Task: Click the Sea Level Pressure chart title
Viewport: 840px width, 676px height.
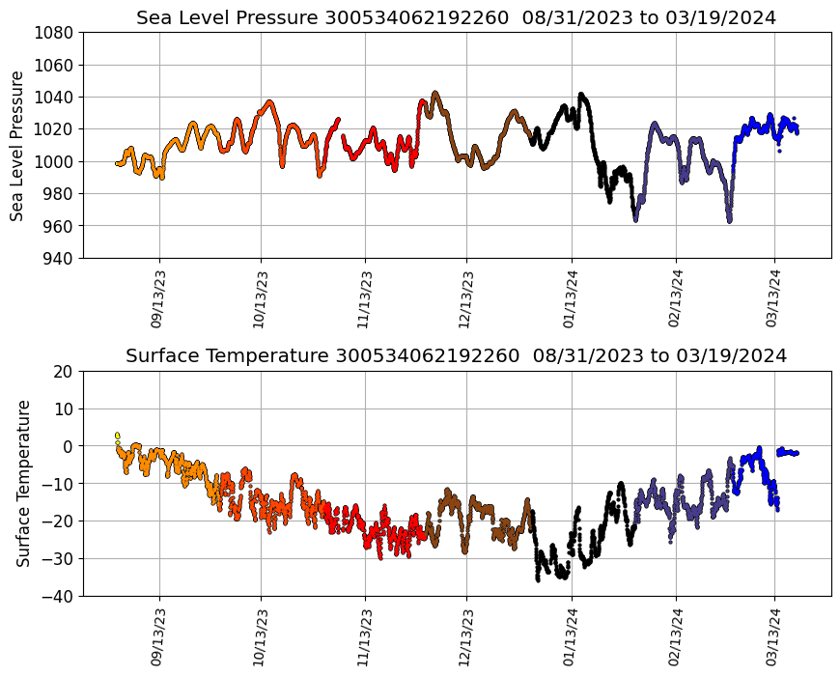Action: pos(456,18)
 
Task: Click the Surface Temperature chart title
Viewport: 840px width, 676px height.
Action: pos(456,355)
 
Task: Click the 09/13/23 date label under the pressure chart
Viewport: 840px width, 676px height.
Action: pos(158,299)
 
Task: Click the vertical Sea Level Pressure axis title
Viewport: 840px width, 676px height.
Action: pos(17,145)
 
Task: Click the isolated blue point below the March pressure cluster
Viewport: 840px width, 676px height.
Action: pos(779,151)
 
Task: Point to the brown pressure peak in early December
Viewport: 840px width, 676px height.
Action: pos(435,94)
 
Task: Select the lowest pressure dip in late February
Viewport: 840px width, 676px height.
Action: pos(729,219)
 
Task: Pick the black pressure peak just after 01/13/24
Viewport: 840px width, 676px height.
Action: pos(581,95)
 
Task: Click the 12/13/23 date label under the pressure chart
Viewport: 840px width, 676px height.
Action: pos(466,299)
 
